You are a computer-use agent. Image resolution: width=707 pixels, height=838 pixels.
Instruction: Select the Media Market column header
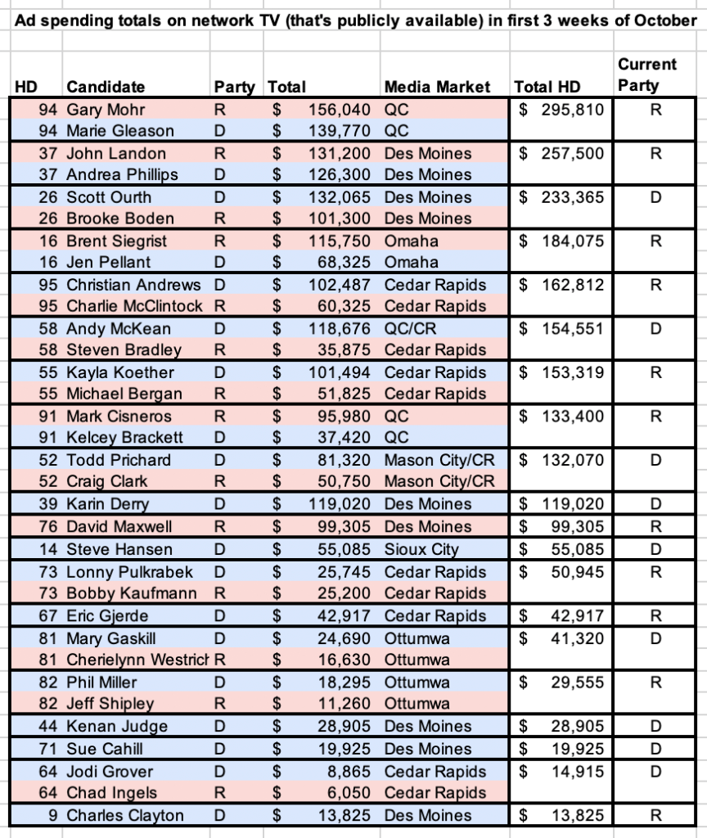coord(437,87)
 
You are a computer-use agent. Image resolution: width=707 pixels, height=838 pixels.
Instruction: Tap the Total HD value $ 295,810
coord(561,109)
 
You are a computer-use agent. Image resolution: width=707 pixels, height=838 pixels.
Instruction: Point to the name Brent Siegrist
coord(116,241)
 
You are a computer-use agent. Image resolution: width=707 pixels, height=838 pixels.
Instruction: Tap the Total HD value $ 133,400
coord(561,417)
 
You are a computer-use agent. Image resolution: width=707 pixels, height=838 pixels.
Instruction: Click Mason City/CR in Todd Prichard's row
coord(439,460)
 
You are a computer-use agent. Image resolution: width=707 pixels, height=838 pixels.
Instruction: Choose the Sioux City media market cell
coord(421,549)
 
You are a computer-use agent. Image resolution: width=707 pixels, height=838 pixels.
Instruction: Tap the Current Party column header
coord(646,74)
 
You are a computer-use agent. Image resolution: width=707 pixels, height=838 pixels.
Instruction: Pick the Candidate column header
coord(106,87)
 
